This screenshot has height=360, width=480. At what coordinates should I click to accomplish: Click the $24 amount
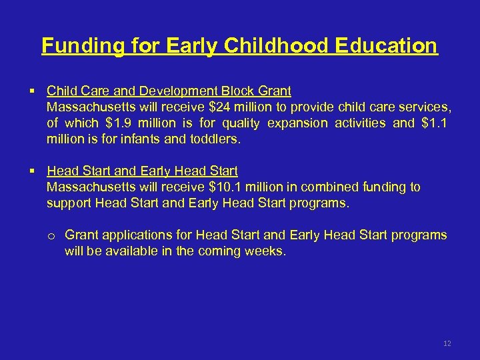click(x=223, y=107)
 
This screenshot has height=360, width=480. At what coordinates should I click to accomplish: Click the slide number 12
click(x=447, y=343)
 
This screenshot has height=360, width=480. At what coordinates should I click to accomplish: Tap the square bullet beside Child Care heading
click(x=32, y=91)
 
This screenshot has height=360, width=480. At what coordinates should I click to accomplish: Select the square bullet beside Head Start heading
click(x=32, y=171)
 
